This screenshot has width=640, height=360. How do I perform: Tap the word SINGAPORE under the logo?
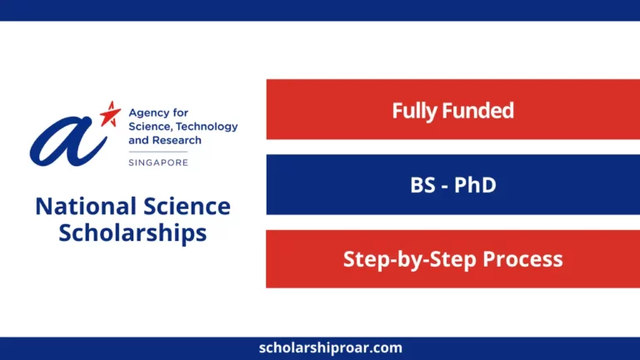coord(158,162)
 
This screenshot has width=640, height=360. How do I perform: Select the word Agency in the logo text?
coord(147,112)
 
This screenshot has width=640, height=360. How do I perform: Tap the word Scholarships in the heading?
coord(132,232)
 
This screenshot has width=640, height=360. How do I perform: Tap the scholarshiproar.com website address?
coord(320,347)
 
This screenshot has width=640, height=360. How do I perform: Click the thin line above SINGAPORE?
coord(158,152)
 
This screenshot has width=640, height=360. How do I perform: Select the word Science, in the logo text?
coord(149,127)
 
